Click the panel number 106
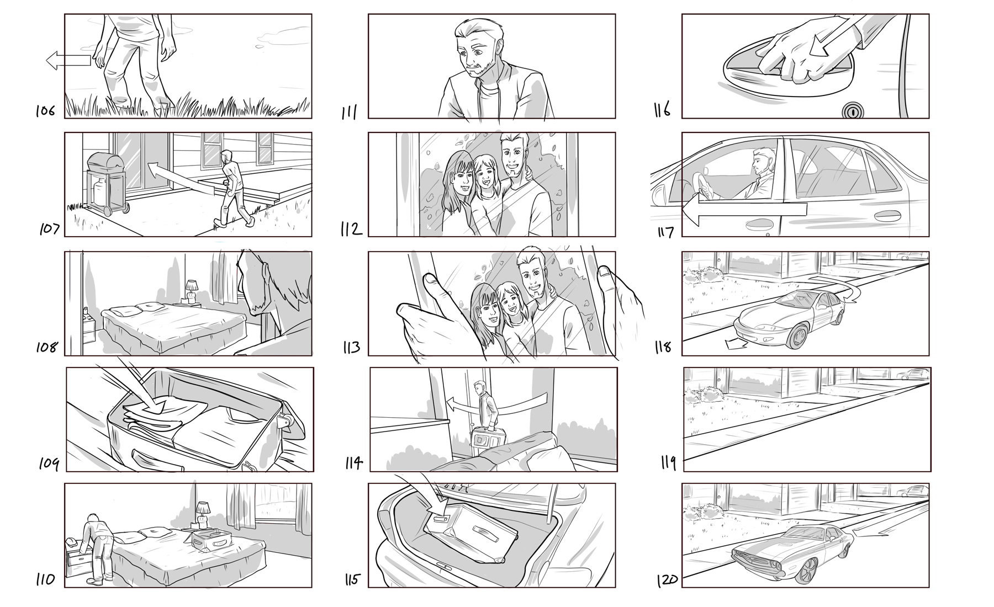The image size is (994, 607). (x=45, y=111)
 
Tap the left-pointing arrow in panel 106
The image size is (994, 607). (x=68, y=60)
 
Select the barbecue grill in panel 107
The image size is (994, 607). (x=107, y=183)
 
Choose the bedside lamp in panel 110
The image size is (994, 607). (x=203, y=515)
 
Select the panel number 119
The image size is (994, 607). (x=668, y=462)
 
